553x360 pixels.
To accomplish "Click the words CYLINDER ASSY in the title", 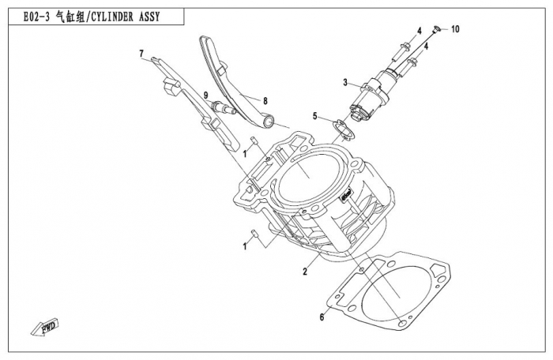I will tap(126, 17).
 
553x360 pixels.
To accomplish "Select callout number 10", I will tap(455, 29).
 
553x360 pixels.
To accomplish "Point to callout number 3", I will tap(345, 82).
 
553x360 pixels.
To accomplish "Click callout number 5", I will tap(314, 116).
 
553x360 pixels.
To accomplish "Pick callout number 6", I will tap(322, 318).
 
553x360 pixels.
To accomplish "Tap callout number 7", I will tap(142, 54).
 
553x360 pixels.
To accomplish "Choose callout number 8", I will tap(265, 100).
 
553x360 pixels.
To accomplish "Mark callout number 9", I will tap(205, 96).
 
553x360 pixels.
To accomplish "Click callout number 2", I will tap(304, 272).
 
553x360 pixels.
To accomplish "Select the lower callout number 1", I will tap(246, 246).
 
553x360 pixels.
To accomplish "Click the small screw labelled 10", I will tap(435, 30).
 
